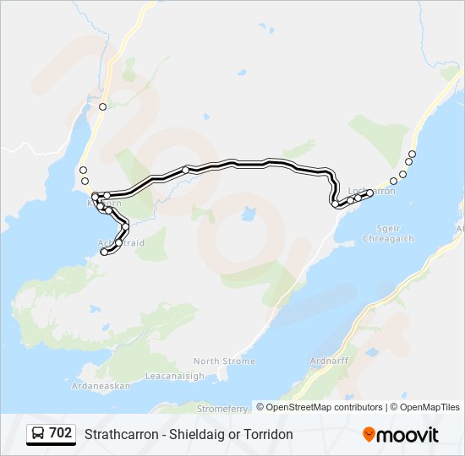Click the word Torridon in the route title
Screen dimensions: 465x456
point(267,434)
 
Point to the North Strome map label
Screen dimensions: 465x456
point(223,361)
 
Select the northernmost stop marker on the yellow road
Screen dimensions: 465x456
point(102,106)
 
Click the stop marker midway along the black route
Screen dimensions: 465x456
point(185,170)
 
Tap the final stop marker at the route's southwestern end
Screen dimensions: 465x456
point(104,252)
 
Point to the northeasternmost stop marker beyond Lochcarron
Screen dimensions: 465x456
point(412,154)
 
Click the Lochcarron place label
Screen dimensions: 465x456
point(371,192)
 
